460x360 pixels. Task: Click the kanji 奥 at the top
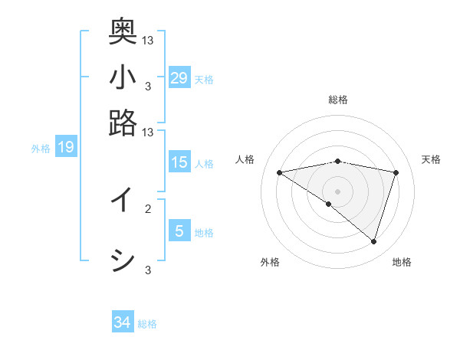click(123, 31)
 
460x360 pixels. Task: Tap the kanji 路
click(123, 123)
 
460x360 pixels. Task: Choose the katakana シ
click(123, 260)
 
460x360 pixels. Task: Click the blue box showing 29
click(179, 77)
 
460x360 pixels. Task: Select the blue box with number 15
click(179, 162)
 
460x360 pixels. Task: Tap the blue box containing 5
click(179, 231)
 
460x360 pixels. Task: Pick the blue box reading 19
click(66, 147)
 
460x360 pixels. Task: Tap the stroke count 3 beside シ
click(148, 269)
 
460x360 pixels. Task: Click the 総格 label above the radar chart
click(338, 100)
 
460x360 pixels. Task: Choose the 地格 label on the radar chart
click(402, 262)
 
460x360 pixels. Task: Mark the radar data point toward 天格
click(396, 173)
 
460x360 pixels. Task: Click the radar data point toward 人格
click(280, 172)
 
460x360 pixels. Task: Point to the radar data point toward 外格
click(329, 204)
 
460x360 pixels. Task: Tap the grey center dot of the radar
click(338, 191)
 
